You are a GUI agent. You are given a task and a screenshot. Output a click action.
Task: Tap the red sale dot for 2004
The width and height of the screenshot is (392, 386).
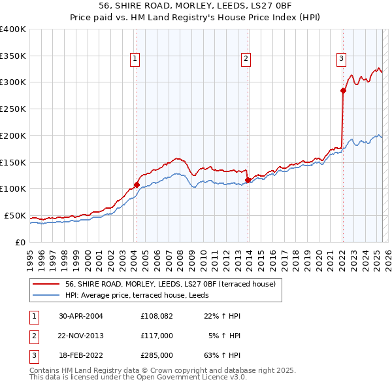137,184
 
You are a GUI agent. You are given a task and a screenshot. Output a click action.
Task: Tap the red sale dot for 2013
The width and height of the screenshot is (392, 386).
248,180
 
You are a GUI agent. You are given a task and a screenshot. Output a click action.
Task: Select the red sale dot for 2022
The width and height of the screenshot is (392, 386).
343,90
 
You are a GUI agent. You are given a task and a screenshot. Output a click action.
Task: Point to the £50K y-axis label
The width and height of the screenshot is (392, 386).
14,215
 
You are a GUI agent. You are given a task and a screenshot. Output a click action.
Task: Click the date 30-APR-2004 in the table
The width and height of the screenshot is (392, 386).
81,316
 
